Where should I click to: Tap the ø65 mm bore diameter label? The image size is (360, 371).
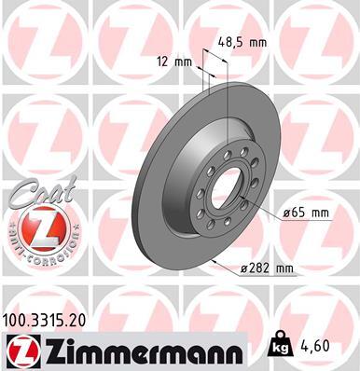coord(307,213)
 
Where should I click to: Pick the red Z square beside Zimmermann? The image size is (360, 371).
coord(19,350)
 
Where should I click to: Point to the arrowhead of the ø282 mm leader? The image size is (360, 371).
coord(212,261)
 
